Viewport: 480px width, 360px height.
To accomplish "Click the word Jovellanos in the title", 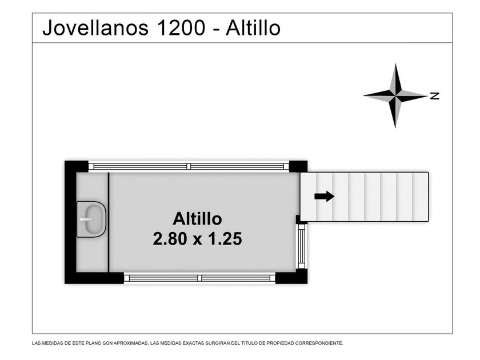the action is coord(95,28).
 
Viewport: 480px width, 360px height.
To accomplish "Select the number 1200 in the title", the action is coord(181,28).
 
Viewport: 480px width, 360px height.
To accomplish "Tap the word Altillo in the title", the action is coord(253,28).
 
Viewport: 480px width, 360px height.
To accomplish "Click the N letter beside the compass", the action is coord(435,96).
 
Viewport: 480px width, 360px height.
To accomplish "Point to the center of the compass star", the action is coord(395,95).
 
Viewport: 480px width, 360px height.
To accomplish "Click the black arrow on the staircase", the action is coord(325,196).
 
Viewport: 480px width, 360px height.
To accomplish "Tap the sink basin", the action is coord(91,219).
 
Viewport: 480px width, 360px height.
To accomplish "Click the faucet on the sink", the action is coord(86,219).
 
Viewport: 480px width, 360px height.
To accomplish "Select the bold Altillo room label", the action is coord(198,219).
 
